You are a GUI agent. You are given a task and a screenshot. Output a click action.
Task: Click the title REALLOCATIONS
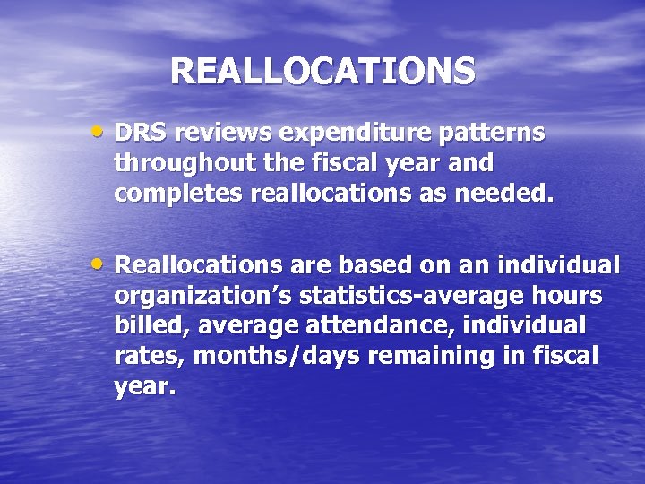(322, 71)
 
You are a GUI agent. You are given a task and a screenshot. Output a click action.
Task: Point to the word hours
(566, 296)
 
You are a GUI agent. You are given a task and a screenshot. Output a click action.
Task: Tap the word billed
(145, 325)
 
